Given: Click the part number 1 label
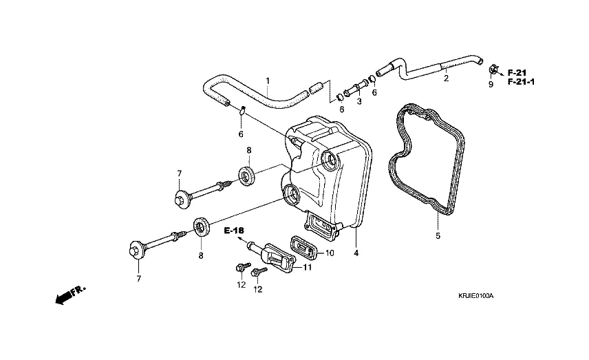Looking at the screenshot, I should (268, 81).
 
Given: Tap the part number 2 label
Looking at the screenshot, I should (446, 79).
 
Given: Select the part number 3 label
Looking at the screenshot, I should (358, 101).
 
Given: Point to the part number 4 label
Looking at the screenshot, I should (356, 253).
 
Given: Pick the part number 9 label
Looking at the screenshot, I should (491, 85).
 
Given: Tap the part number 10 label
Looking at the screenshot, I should (330, 253).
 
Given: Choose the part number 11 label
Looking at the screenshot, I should (308, 267).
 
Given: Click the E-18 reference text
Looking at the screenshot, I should (235, 231).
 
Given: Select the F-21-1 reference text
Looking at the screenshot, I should (522, 82).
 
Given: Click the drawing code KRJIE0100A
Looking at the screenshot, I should (476, 295).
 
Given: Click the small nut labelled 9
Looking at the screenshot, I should (493, 70).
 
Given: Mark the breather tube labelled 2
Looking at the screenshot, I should (433, 67).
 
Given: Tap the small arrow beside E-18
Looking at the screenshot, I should (241, 241).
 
